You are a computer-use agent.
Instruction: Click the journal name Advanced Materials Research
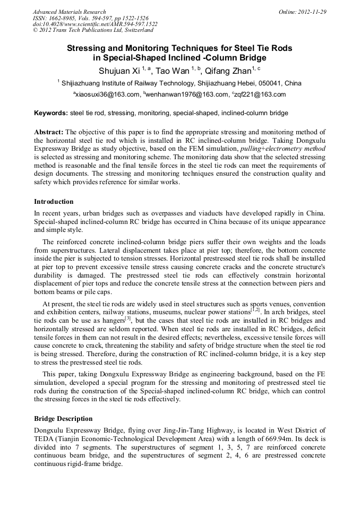coord(69,12)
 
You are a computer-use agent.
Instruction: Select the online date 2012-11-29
coord(314,12)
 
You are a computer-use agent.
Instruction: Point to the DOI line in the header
coord(95,24)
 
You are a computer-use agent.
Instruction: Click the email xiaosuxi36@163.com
coord(107,94)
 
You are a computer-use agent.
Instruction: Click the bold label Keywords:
coord(51,113)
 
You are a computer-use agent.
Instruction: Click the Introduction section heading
coord(54,202)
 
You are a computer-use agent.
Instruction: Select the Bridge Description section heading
coord(63,419)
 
